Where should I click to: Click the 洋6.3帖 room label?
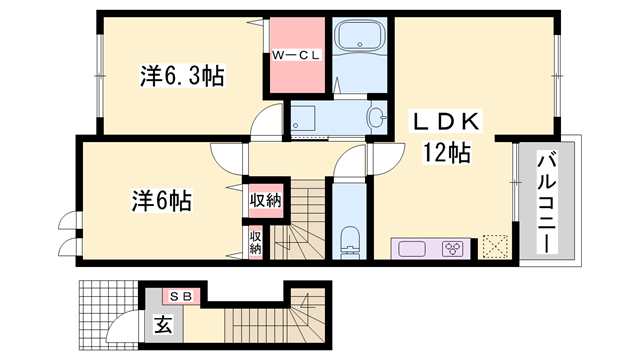coord(181,74)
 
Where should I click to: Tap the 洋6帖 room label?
coord(160,199)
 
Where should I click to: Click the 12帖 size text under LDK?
coord(446,153)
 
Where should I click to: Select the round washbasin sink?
coord(376,118)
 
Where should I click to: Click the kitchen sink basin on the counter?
coord(412,247)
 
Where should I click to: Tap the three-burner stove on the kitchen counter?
coord(454,247)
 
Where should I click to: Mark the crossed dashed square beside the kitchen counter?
coord(495,246)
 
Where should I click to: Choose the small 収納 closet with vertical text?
coord(255,241)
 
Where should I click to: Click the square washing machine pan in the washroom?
coord(306,117)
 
